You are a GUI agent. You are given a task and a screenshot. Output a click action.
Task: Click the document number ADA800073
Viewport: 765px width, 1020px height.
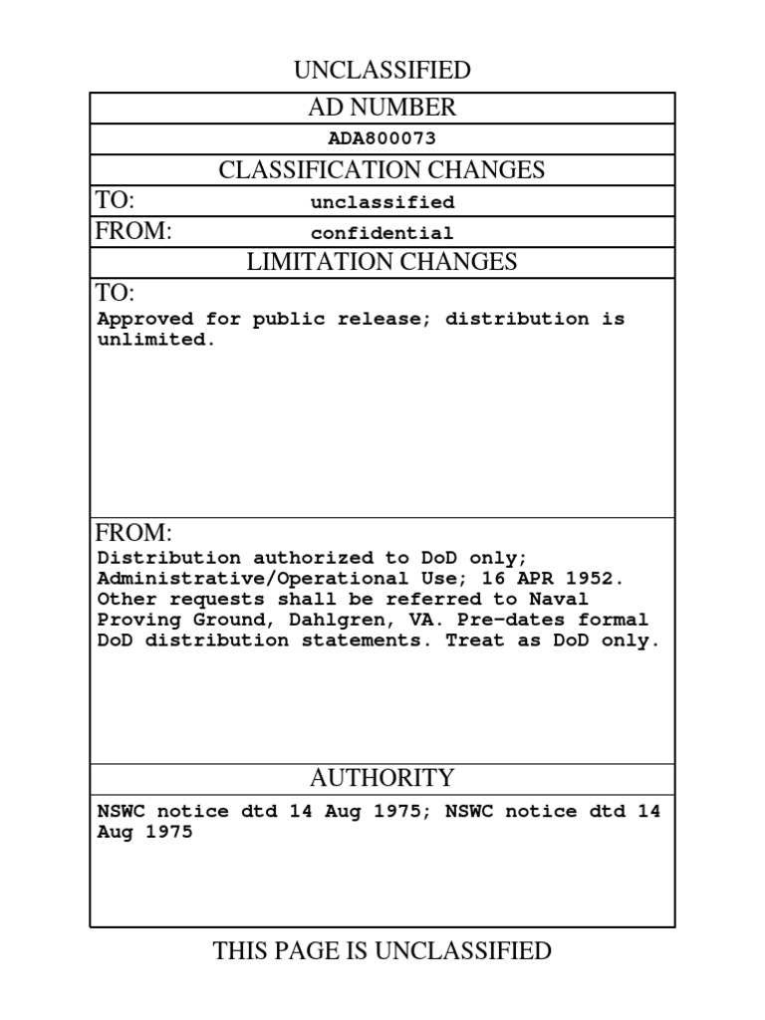382,139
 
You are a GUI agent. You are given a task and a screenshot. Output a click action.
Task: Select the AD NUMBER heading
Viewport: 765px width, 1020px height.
382,108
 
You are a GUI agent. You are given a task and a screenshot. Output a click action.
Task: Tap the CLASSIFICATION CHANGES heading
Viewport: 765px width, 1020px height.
382,170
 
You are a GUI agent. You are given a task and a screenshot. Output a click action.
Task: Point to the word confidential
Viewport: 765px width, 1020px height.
382,233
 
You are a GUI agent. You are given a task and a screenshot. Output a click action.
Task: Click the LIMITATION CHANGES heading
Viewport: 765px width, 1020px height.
382,263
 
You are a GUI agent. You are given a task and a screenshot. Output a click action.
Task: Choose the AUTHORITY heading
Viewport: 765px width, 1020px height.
382,778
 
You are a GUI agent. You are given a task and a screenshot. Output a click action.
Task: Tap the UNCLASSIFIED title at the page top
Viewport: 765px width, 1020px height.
382,70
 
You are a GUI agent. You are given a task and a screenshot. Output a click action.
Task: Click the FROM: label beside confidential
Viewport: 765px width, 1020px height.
134,232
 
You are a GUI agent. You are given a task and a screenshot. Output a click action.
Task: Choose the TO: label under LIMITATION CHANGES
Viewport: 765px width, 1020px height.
115,293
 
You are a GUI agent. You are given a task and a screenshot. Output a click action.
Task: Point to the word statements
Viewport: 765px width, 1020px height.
376,640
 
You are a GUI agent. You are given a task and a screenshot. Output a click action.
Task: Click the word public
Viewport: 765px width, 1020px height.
288,320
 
